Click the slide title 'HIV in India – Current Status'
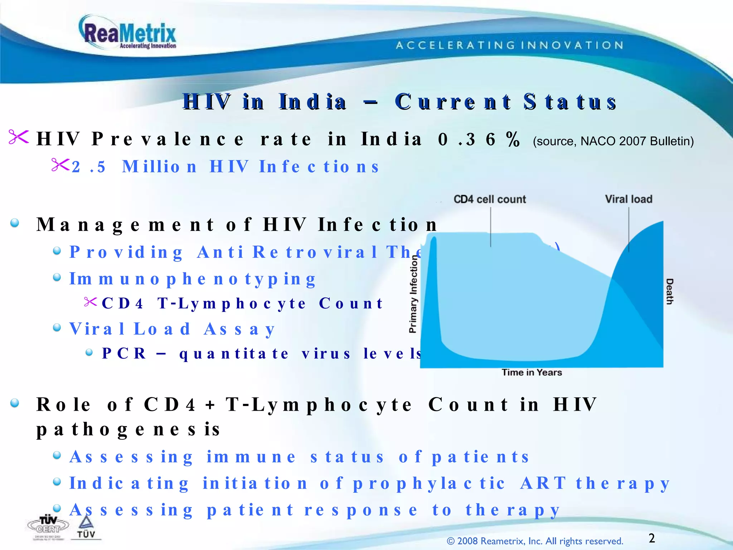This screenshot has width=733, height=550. click(x=399, y=102)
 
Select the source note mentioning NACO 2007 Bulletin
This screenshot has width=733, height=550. click(x=613, y=141)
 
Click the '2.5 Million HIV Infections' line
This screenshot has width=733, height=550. click(x=225, y=167)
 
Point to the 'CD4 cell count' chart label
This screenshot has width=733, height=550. click(x=490, y=199)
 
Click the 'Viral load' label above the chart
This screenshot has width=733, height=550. click(x=628, y=199)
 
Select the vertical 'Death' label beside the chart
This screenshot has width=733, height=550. click(x=669, y=291)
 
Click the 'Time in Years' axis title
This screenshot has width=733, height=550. click(x=531, y=372)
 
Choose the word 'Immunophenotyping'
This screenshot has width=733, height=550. click(x=193, y=279)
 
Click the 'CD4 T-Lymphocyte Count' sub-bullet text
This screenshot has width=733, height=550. click(x=242, y=304)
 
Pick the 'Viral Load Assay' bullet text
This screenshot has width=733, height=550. click(x=172, y=329)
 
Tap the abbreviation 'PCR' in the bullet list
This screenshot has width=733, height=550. click(x=124, y=354)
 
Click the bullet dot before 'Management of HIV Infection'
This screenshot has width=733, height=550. click(x=15, y=223)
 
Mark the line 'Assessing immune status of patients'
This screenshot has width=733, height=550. click(x=299, y=457)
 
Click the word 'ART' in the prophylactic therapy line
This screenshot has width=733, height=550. click(x=543, y=483)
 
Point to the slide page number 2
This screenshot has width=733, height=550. click(x=651, y=538)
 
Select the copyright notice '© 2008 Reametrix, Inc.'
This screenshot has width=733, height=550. click(x=535, y=541)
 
